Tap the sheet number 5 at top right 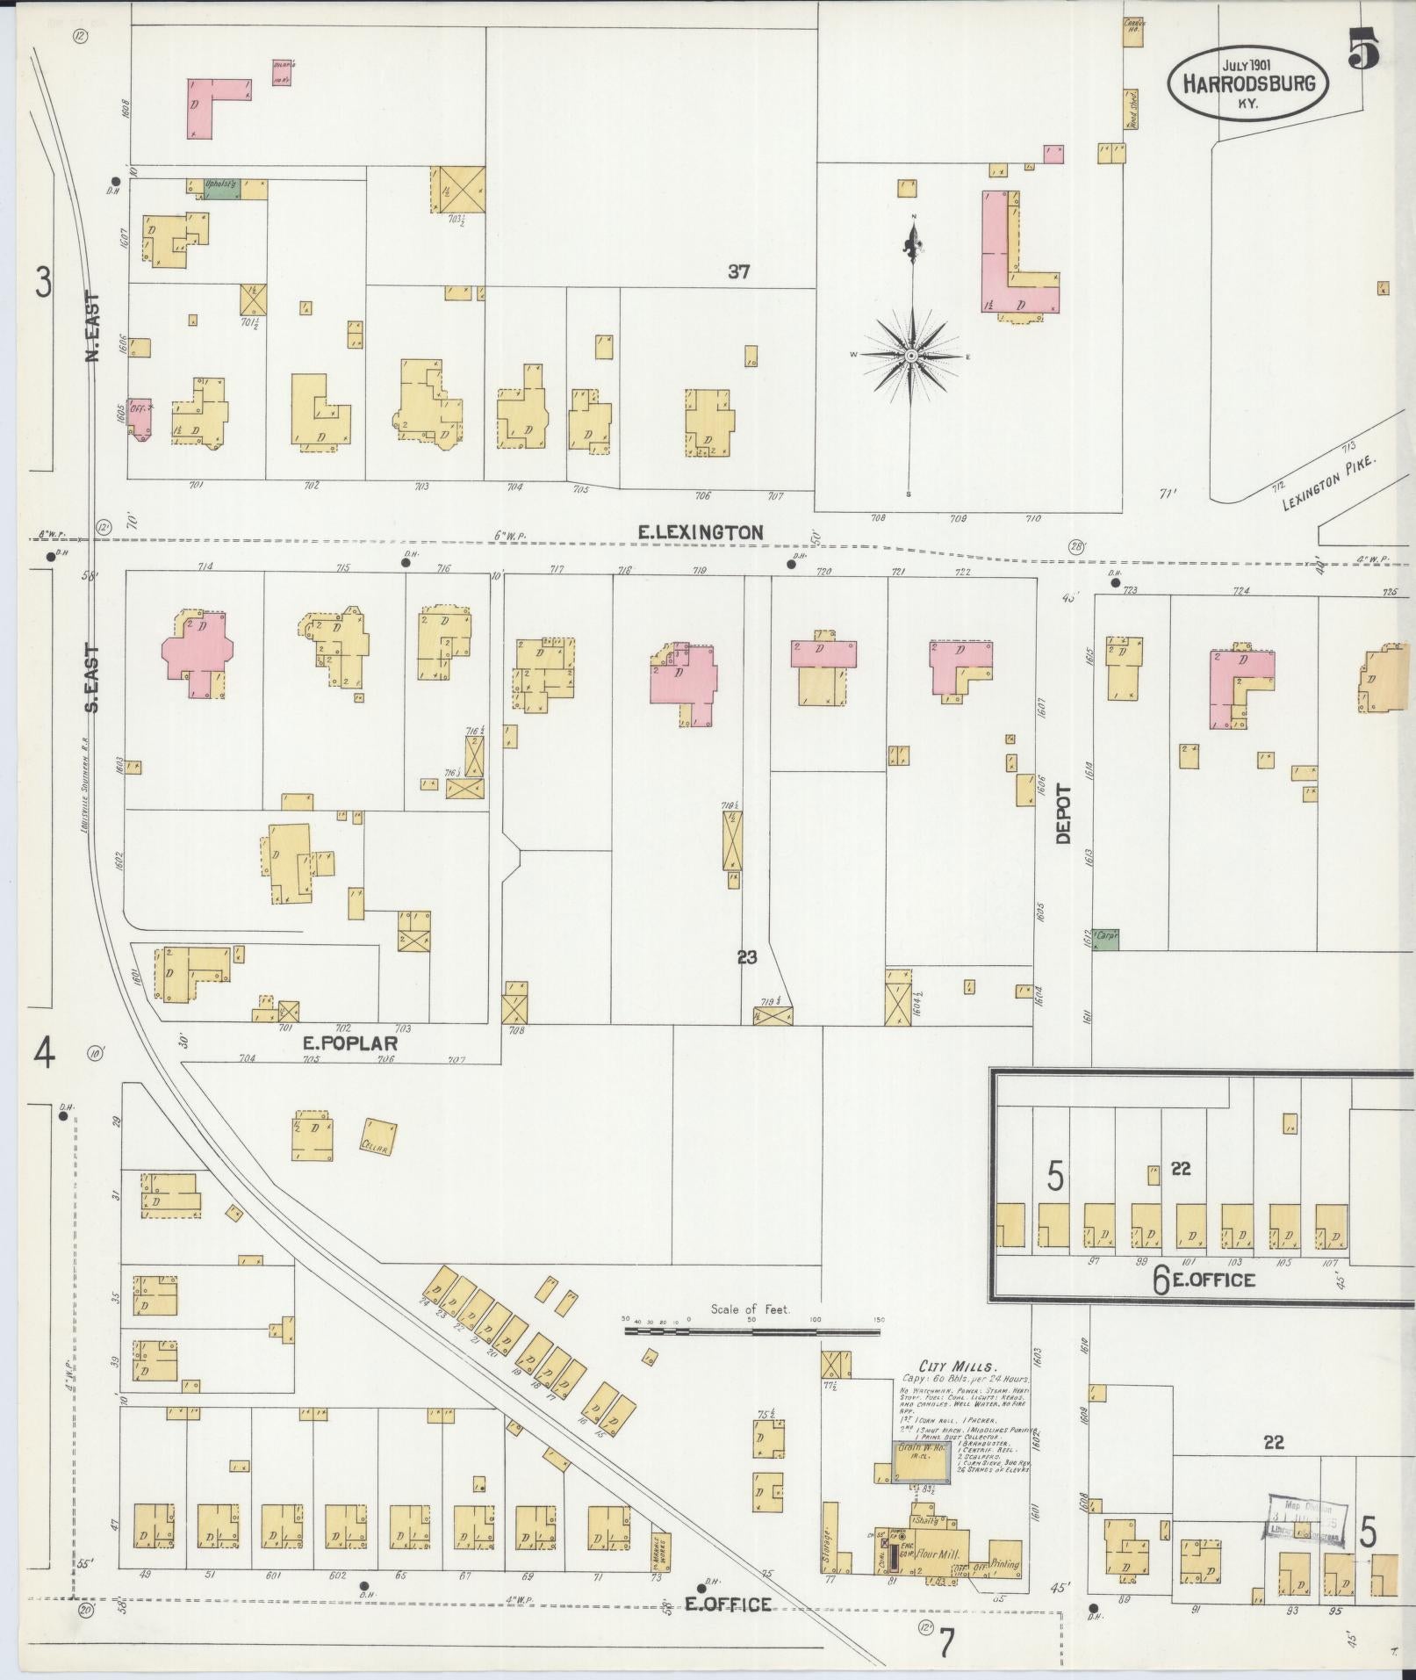click(x=1362, y=51)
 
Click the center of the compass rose click(x=911, y=355)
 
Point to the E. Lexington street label click(x=700, y=531)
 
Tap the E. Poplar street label click(x=350, y=1043)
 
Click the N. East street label click(x=95, y=327)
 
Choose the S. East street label click(x=93, y=680)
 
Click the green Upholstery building click(x=219, y=188)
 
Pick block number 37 click(x=738, y=272)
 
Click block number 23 click(x=746, y=957)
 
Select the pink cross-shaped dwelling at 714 click(x=198, y=653)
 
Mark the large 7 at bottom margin click(x=945, y=1642)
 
